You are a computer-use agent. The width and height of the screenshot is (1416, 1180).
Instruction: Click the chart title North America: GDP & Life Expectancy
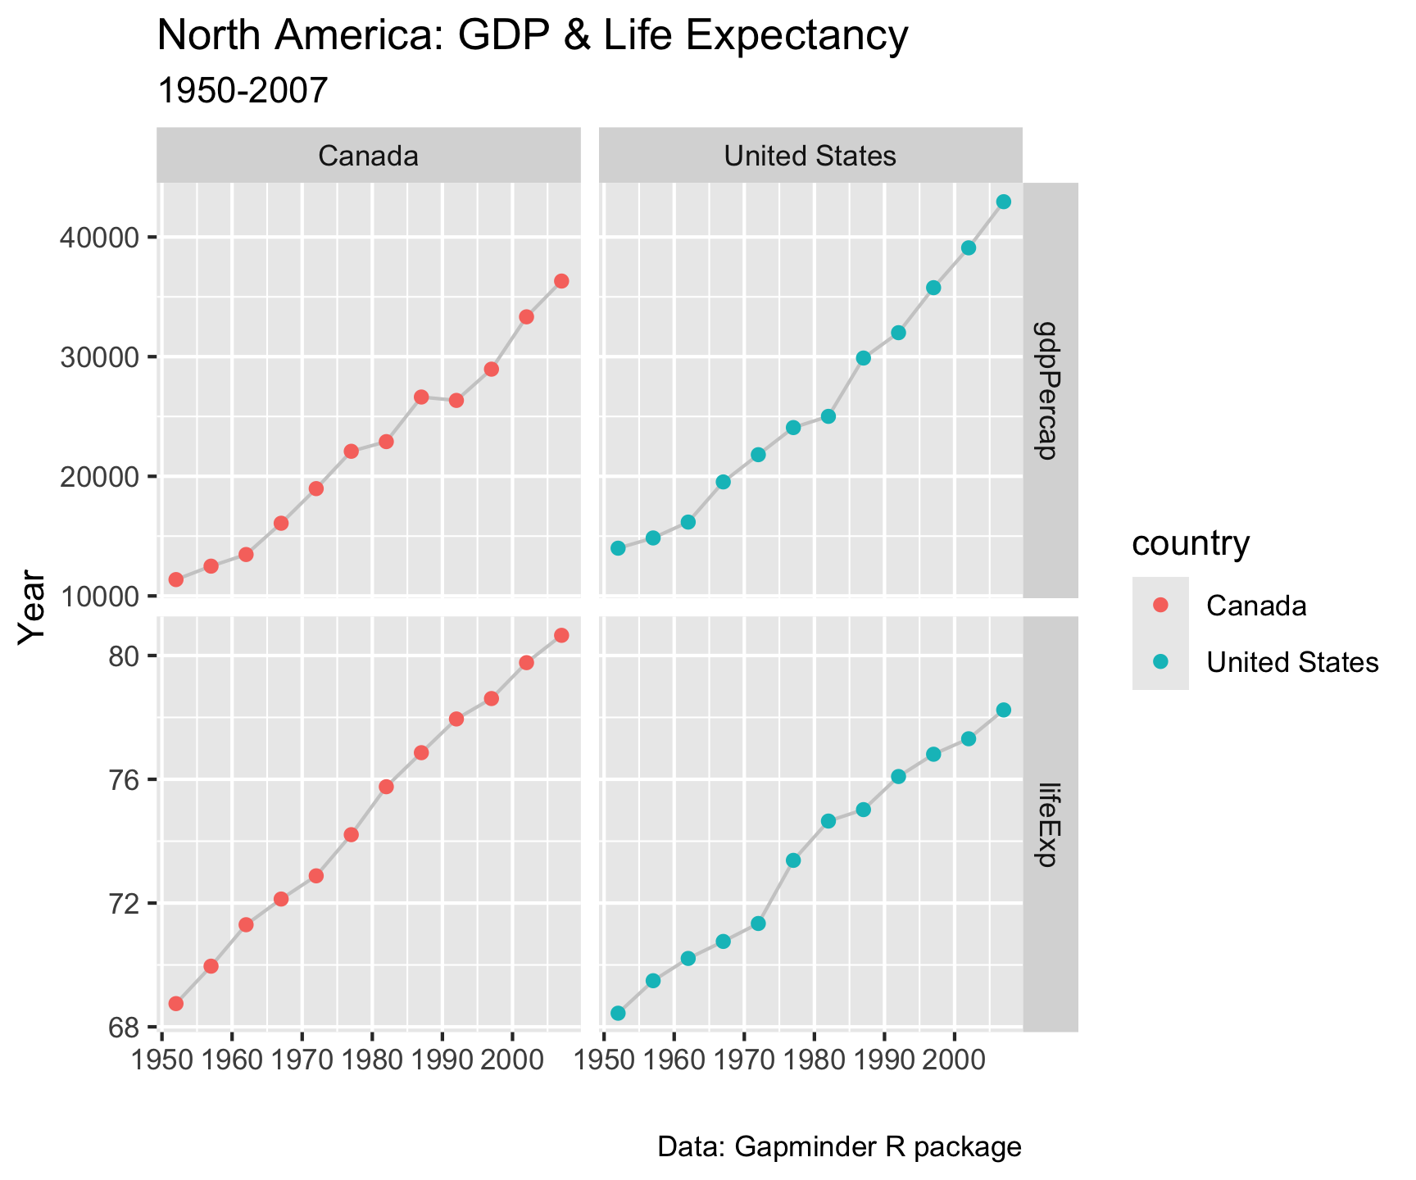tap(532, 37)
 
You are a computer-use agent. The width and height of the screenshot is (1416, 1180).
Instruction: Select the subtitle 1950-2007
tap(242, 91)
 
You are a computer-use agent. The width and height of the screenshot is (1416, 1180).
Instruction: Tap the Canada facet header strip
tap(368, 156)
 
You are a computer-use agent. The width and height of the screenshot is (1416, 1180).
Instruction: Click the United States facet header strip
tap(810, 156)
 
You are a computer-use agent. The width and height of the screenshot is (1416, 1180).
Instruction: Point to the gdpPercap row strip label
tap(1050, 390)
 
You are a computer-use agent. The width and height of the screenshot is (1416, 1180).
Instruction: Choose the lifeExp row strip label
tap(1050, 824)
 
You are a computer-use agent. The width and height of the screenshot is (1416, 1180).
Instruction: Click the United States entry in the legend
tap(1292, 662)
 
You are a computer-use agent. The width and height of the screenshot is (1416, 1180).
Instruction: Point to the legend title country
tap(1190, 543)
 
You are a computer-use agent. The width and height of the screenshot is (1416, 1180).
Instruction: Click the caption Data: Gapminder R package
tap(839, 1147)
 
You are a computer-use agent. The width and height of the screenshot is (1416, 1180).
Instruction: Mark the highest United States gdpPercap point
tap(1003, 202)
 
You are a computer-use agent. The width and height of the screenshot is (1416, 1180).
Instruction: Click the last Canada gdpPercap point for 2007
tap(561, 281)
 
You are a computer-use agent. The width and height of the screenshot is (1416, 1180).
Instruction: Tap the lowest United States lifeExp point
tap(618, 1013)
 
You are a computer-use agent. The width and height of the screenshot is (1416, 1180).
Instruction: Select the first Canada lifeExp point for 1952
tap(175, 1004)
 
